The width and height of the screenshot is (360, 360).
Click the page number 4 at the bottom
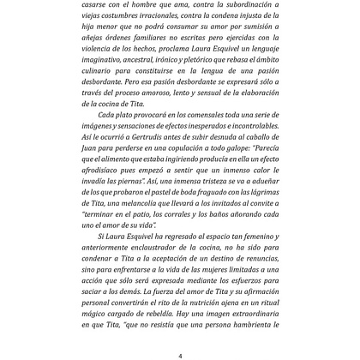[x=180, y=354]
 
